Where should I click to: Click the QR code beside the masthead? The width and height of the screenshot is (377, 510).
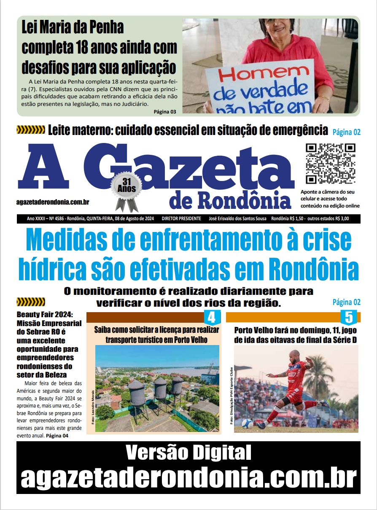point(330,164)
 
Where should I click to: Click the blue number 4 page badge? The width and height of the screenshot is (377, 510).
point(212,317)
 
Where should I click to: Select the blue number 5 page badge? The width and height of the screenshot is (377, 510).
point(348,317)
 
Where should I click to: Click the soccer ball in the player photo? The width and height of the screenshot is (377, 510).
point(248,424)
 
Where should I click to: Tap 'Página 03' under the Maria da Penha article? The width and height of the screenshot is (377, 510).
point(165,112)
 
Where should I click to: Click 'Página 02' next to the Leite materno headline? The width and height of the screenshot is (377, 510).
point(346,132)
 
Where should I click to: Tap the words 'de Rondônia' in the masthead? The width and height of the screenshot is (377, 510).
point(230,201)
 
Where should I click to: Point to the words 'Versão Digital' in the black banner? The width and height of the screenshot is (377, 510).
point(188,453)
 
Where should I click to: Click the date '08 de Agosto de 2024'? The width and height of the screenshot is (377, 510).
point(131,219)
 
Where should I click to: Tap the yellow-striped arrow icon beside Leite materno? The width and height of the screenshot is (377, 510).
point(30,130)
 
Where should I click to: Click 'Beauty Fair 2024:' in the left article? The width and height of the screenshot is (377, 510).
point(45,315)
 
